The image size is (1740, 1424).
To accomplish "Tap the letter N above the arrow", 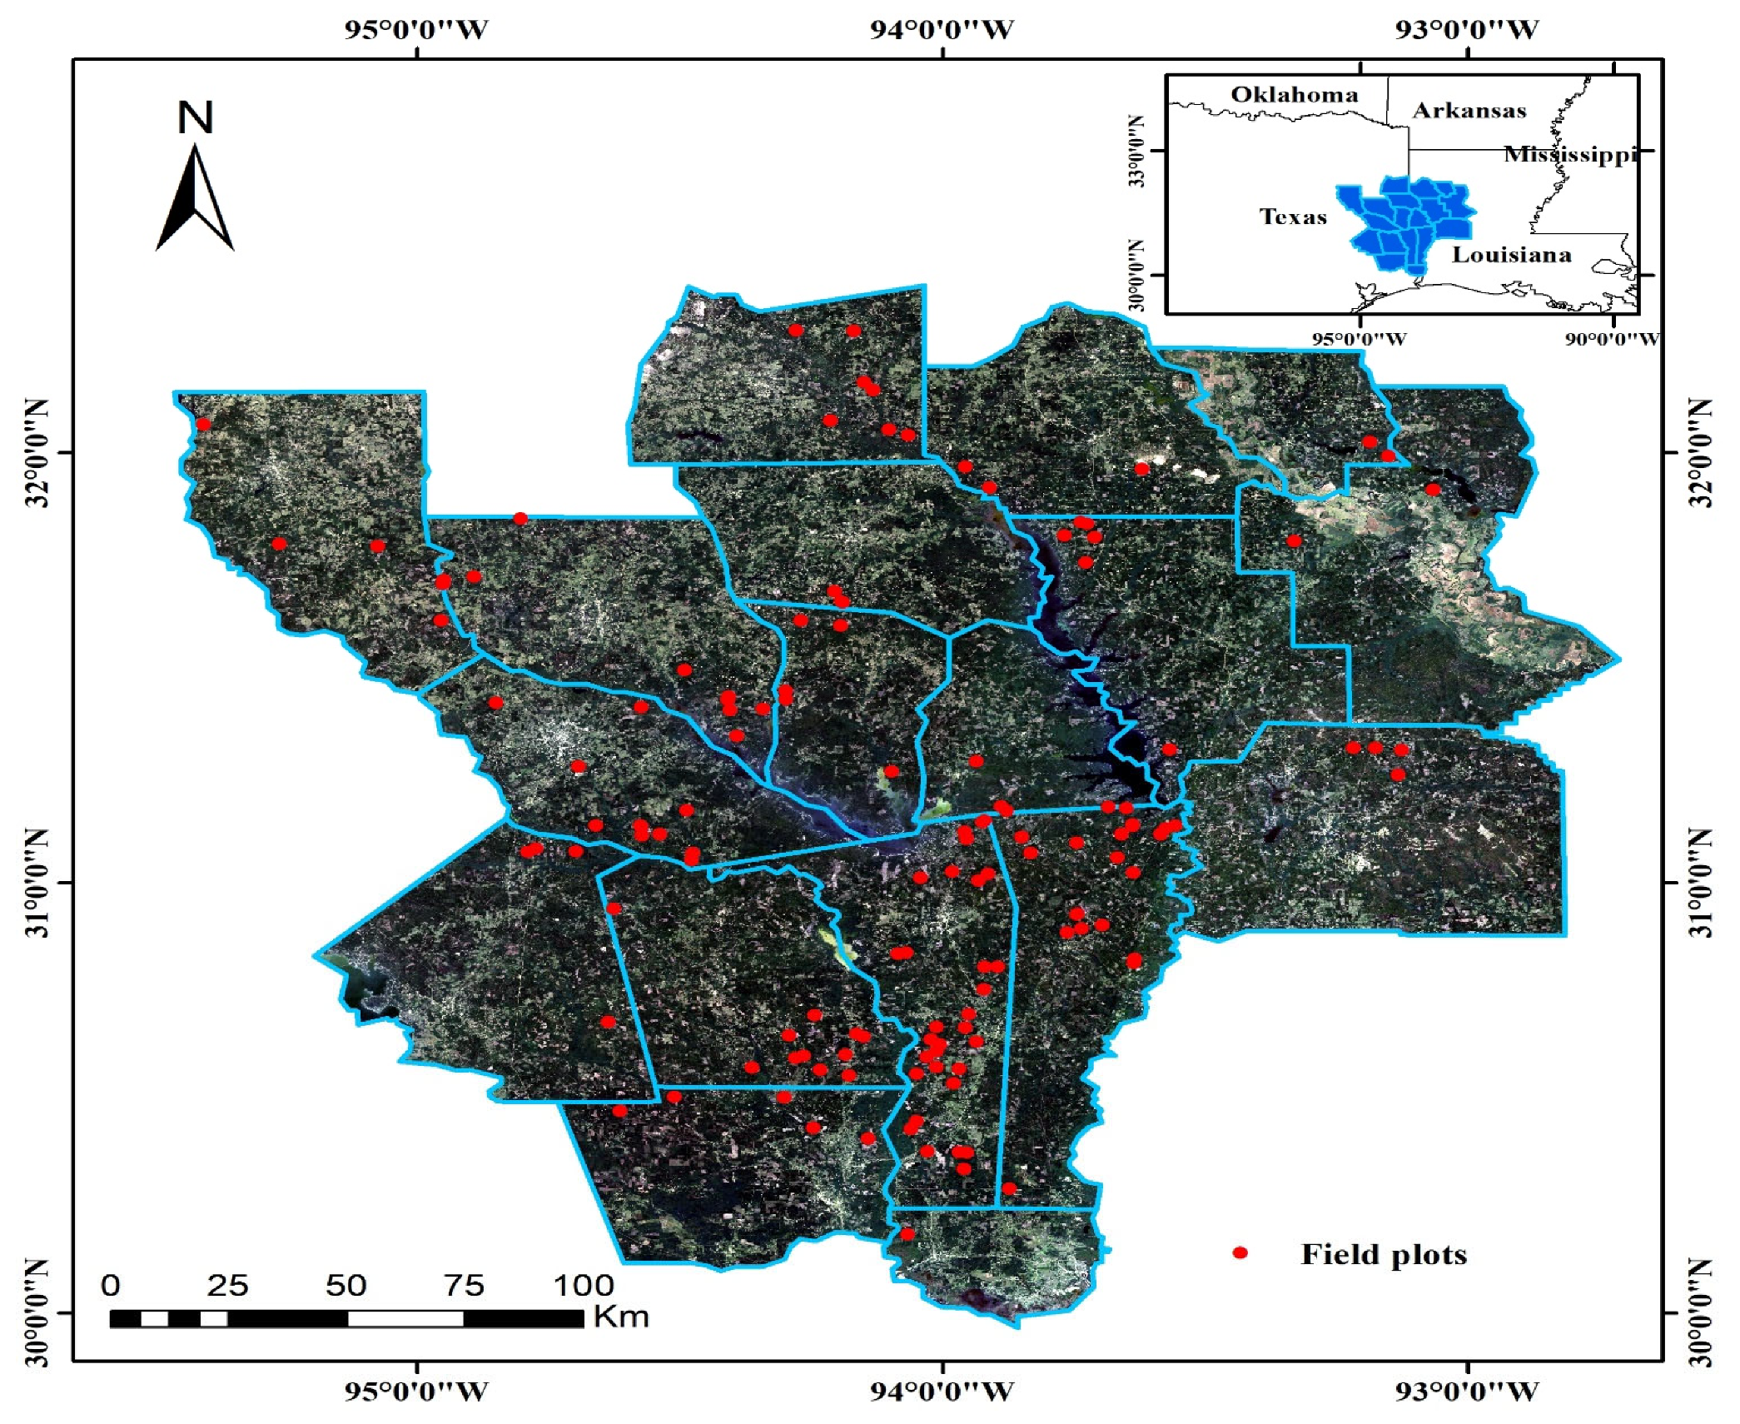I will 196,117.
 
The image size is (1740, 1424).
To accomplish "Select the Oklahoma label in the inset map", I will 1294,95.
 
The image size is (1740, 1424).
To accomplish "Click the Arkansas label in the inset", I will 1469,111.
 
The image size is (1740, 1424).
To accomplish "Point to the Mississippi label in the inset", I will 1570,154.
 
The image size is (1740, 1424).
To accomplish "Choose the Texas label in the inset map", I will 1292,217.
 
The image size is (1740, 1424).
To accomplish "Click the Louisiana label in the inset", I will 1511,255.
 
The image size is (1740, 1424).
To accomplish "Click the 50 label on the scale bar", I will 346,1286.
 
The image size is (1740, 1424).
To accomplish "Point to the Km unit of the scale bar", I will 620,1317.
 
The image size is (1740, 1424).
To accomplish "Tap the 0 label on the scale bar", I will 110,1286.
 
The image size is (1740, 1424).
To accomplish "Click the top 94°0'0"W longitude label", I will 942,31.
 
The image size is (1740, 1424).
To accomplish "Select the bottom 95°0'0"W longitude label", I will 416,1391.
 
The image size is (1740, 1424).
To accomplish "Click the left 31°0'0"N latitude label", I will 37,882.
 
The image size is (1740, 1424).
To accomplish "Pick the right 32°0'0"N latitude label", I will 1703,453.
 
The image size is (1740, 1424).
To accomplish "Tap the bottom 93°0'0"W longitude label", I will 1467,1391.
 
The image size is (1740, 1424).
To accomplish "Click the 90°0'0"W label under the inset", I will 1612,340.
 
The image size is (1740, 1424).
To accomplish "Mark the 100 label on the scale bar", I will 583,1286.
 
